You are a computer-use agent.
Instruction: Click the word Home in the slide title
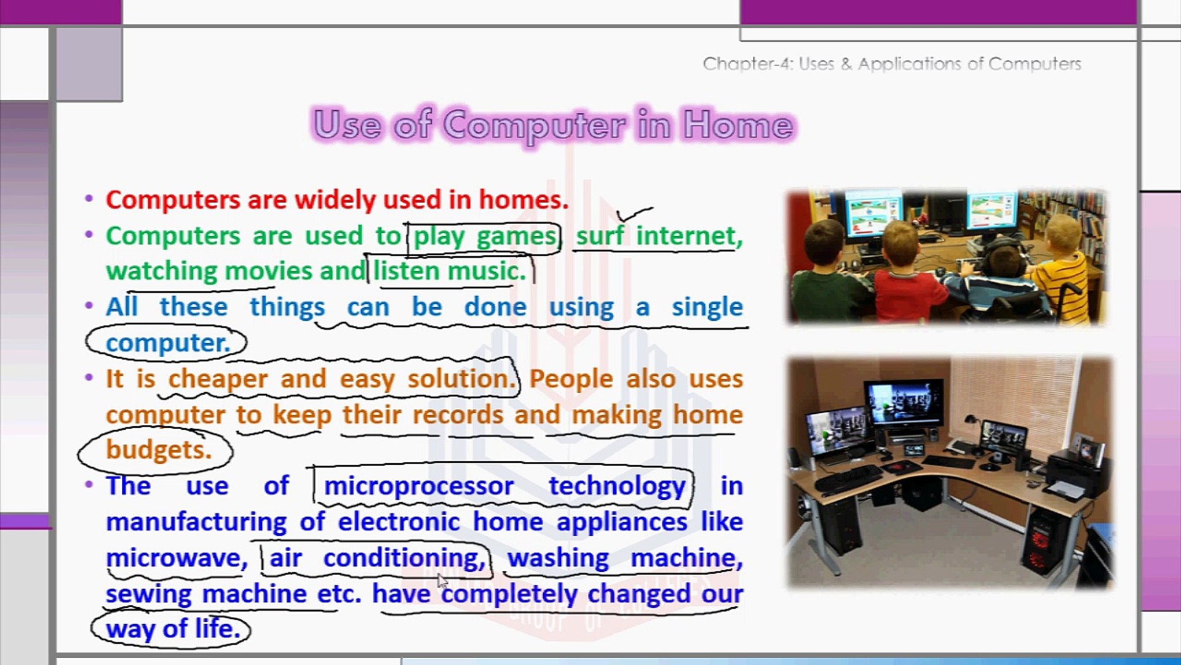coord(738,125)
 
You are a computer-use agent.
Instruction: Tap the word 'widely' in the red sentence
coord(335,200)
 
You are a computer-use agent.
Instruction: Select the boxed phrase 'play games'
coord(485,236)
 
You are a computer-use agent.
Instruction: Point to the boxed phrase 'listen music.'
coord(450,272)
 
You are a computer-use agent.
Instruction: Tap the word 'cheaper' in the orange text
coord(218,379)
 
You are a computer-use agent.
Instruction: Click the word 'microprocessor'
coord(418,486)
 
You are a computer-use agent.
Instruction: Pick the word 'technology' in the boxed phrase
coord(617,486)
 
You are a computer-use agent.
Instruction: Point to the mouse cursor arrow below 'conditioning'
coord(443,581)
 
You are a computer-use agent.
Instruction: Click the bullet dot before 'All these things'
coord(89,305)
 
